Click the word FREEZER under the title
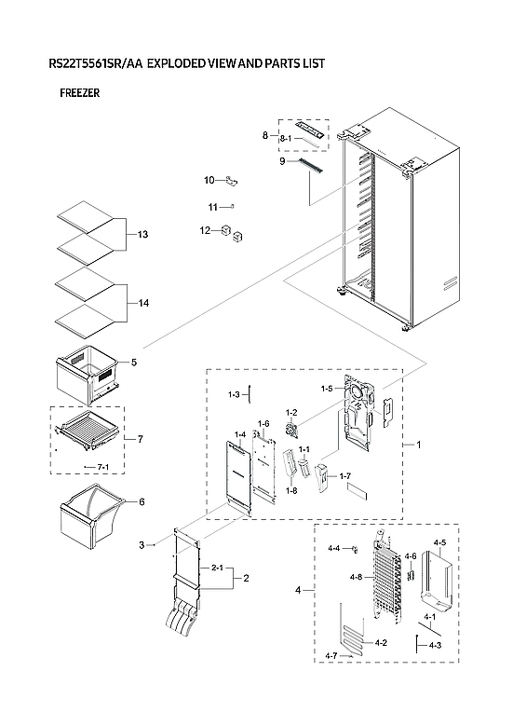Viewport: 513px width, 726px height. [79, 93]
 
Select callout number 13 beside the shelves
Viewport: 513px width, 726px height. [142, 233]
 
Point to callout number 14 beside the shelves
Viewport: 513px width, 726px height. [142, 303]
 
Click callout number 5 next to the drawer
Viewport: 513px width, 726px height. [133, 362]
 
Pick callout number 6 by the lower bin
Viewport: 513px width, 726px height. [142, 501]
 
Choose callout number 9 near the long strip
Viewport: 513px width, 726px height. [281, 161]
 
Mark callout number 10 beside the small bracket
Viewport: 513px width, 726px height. [209, 179]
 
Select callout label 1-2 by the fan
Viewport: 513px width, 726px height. [290, 412]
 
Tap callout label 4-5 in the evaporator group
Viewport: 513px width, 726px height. [440, 542]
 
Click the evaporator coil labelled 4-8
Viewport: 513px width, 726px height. [384, 578]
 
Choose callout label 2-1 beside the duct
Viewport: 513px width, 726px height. [217, 567]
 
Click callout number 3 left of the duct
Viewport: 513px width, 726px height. [142, 544]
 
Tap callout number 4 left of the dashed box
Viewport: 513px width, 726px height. [298, 591]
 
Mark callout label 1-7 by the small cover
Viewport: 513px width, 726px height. [345, 476]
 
